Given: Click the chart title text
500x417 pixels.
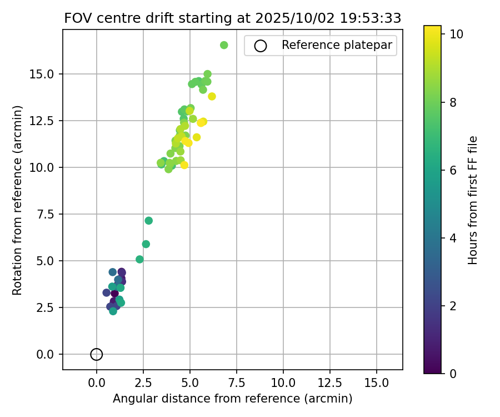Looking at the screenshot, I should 232,18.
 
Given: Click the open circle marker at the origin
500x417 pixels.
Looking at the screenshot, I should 97,354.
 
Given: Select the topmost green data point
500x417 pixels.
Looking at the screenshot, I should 224,45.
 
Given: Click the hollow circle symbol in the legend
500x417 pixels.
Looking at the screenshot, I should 260,46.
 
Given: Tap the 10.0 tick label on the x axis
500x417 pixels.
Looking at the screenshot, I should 283,384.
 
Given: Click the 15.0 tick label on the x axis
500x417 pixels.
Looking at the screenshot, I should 377,384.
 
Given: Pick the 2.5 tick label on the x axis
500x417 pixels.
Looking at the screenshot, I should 143,384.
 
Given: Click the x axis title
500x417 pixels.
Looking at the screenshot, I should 232,399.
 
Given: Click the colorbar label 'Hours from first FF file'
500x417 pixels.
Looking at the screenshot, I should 473,200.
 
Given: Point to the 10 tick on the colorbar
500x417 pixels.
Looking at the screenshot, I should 456,34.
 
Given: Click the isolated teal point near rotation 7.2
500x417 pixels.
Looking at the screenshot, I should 149,221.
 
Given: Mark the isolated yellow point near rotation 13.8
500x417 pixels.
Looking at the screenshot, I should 212,96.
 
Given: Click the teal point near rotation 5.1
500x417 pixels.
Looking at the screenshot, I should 139,259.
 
